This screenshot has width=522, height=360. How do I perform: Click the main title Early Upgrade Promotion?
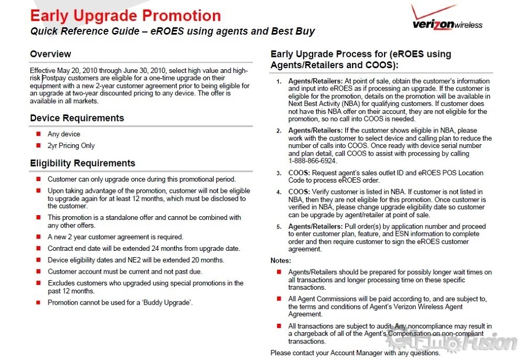coord(125,16)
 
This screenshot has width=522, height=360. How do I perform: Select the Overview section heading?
coord(51,54)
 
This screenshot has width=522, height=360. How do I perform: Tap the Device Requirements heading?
coord(77,118)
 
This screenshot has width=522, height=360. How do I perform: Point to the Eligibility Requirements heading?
coord(83,163)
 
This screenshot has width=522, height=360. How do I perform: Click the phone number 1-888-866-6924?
coord(313,161)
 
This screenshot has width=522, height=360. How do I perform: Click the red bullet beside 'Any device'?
coord(38,134)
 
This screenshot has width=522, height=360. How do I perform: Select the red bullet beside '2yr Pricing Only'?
coord(38,145)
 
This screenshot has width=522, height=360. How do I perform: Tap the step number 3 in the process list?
coord(279,173)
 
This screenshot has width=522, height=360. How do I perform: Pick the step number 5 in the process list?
coord(279,227)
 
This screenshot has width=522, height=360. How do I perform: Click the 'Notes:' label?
coord(281,260)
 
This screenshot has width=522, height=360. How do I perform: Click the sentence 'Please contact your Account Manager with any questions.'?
coord(355,353)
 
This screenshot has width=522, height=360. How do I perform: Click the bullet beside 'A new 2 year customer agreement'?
coord(38,237)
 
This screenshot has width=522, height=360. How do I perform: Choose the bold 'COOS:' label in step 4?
coord(299,192)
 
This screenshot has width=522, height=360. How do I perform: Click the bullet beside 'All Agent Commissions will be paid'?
coord(279,299)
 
